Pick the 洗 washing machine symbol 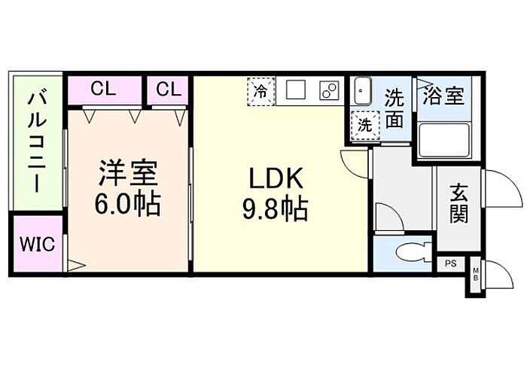click(x=364, y=125)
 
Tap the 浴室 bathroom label click(x=443, y=96)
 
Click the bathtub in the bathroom click(x=443, y=139)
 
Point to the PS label click(x=450, y=263)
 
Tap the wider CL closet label click(x=105, y=90)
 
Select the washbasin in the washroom click(x=361, y=92)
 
